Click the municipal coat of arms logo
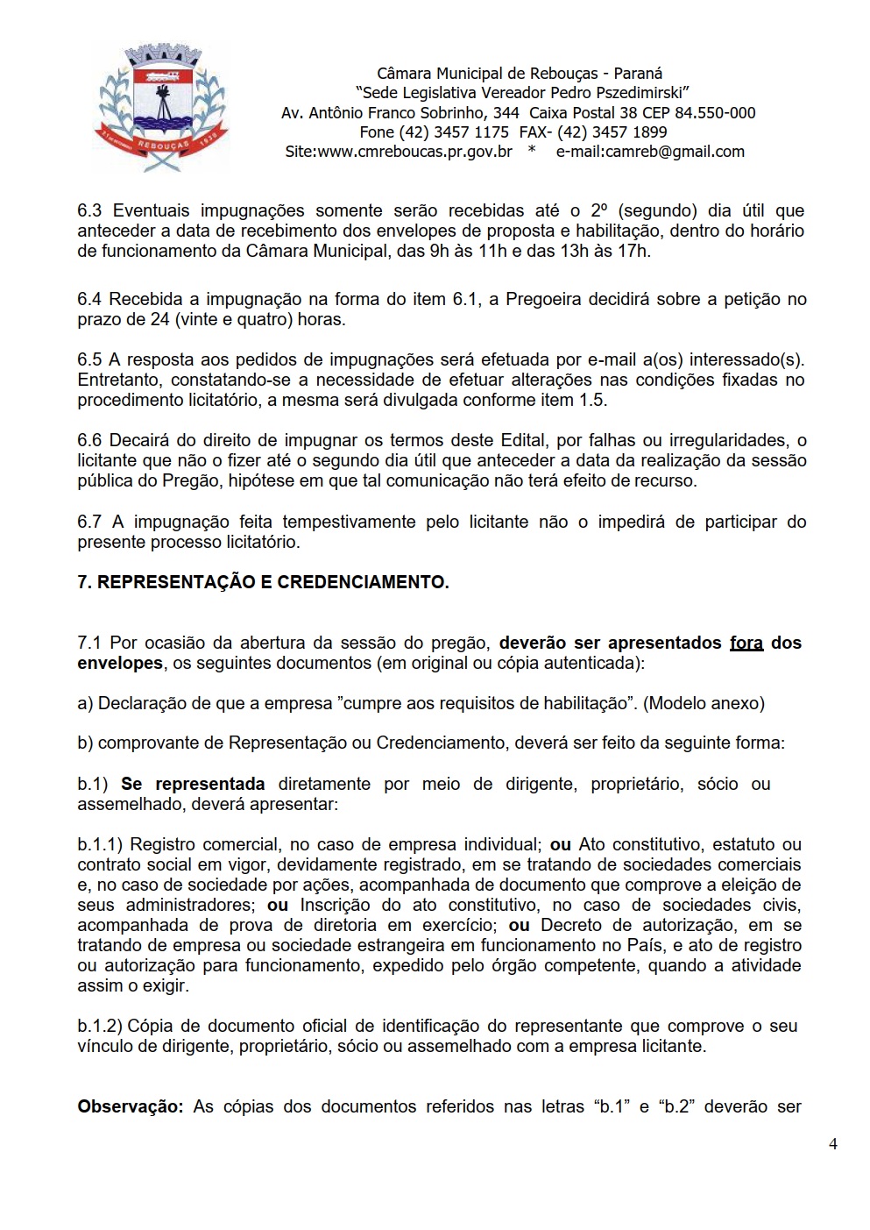tap(162, 108)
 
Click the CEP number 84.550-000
tap(715, 113)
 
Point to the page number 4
tap(832, 1143)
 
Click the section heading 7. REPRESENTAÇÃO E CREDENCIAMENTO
tap(263, 582)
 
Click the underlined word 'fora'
tap(746, 643)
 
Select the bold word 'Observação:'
tap(130, 1106)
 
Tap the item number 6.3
tap(89, 210)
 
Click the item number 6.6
tap(89, 440)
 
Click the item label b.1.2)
tap(100, 1026)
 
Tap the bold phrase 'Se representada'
tap(193, 784)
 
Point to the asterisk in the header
tap(532, 152)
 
